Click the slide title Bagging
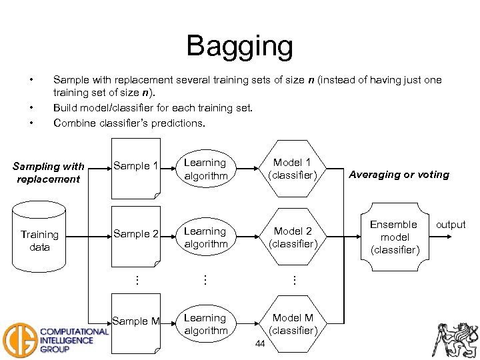(x=239, y=46)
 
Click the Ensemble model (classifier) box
(x=393, y=237)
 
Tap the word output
(x=451, y=225)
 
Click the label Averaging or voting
(x=399, y=175)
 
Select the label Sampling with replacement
(x=49, y=173)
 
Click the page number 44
(x=260, y=343)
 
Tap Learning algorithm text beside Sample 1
(x=205, y=169)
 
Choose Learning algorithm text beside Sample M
(x=205, y=324)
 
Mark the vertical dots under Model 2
(x=293, y=280)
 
